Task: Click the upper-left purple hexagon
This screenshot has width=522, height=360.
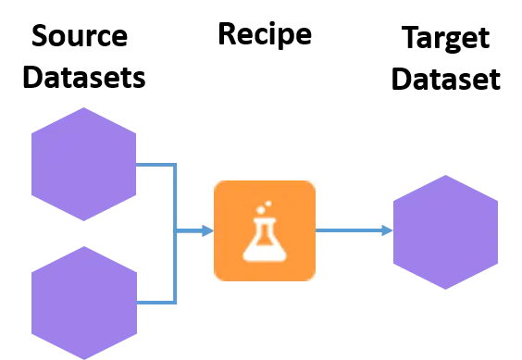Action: pos(83,165)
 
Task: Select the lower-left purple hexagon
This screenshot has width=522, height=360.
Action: pos(83,303)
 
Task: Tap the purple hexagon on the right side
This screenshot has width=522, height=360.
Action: pos(445,232)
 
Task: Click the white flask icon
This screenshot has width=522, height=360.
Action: pos(265,231)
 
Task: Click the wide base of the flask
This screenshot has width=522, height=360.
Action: pos(265,248)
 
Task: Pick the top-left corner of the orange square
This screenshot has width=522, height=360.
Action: pos(216,182)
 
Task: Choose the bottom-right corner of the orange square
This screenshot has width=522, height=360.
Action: pos(314,279)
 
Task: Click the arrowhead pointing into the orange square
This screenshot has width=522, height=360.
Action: pos(208,231)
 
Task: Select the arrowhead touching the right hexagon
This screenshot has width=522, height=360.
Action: pos(388,230)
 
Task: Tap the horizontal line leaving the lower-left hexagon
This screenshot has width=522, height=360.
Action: pos(155,303)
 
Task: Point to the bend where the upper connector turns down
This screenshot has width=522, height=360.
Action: pos(175,166)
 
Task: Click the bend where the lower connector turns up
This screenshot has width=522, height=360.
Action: pos(175,302)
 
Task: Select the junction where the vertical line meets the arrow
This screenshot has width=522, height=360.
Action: pos(176,231)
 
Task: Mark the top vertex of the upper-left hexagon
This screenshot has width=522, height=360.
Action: pos(83,107)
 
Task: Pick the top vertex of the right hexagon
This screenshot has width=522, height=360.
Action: pos(445,175)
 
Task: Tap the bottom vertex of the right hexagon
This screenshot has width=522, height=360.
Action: pos(445,290)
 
